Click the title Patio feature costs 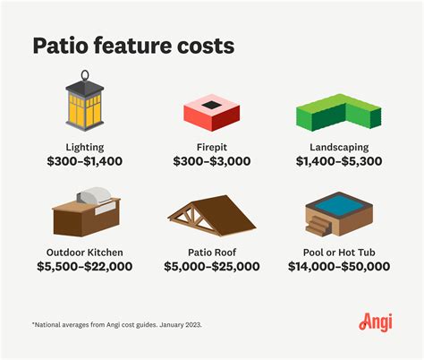pos(135,47)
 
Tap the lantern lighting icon pos(85,105)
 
